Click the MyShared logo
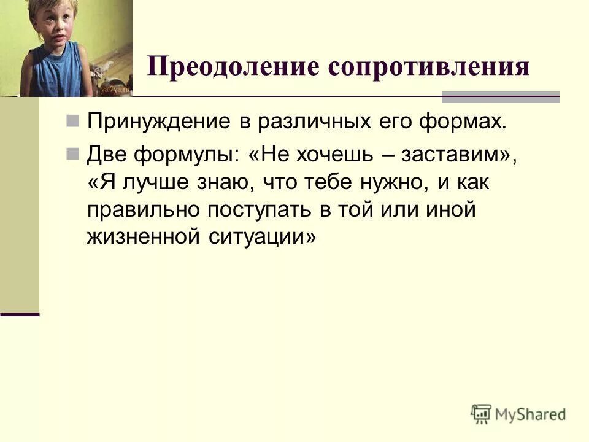click(518, 413)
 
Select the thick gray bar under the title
click(501, 96)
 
